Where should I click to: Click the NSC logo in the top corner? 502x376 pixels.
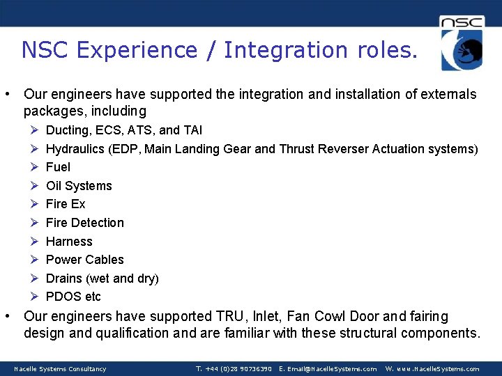pyautogui.click(x=462, y=43)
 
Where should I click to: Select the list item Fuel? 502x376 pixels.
pyautogui.click(x=58, y=167)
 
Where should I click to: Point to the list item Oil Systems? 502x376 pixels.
pyautogui.click(x=79, y=186)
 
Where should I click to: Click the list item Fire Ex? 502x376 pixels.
pyautogui.click(x=66, y=204)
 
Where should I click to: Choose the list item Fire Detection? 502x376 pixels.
pyautogui.click(x=84, y=223)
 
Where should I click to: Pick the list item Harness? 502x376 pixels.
pyautogui.click(x=69, y=242)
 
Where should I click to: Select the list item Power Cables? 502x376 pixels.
pyautogui.click(x=84, y=260)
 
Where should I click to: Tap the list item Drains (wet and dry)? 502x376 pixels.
pyautogui.click(x=102, y=279)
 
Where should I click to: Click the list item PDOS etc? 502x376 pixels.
pyautogui.click(x=73, y=297)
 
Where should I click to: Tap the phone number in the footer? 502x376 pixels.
pyautogui.click(x=234, y=369)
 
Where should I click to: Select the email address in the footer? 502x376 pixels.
pyautogui.click(x=328, y=369)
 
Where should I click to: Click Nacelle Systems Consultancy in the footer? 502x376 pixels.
pyautogui.click(x=60, y=369)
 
